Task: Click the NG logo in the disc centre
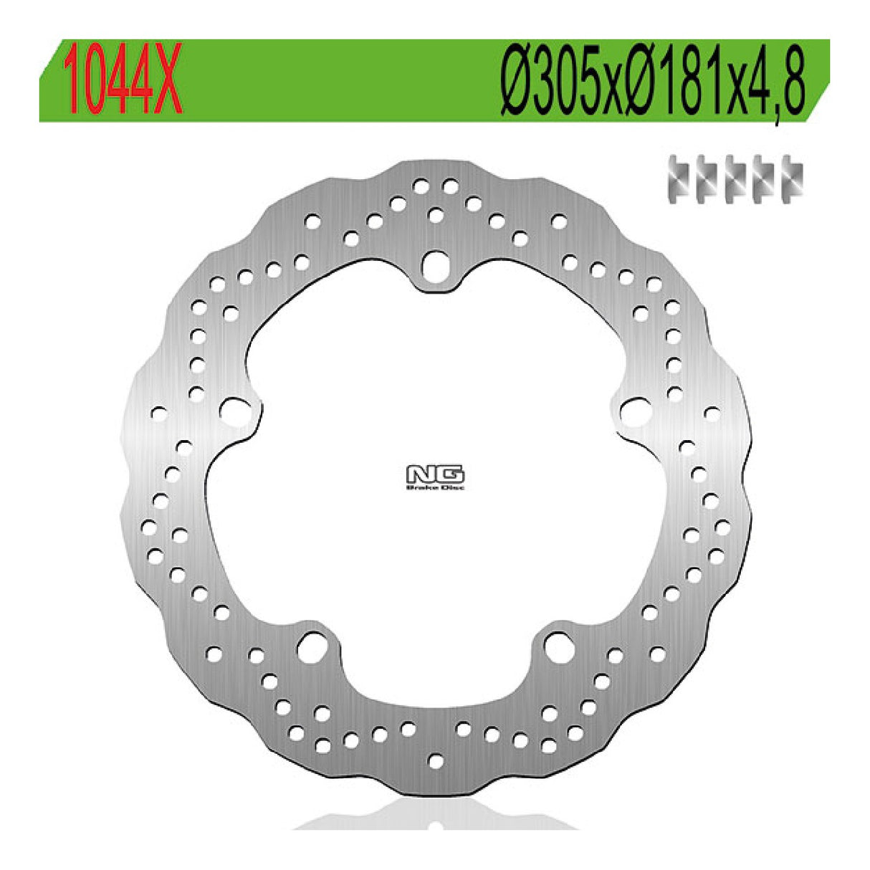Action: click(435, 474)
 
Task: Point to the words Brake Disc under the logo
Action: click(435, 487)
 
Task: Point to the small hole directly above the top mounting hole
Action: click(435, 214)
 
